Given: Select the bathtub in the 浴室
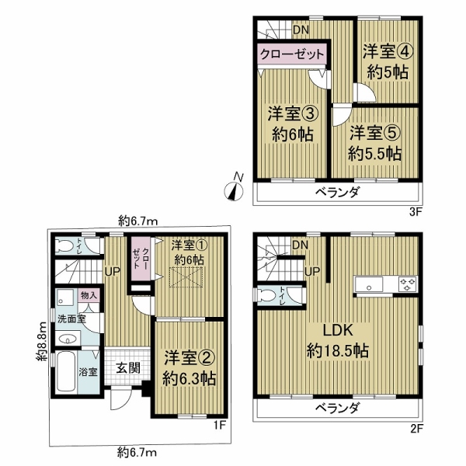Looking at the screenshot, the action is click(66, 371).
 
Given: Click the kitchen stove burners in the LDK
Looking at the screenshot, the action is click(408, 283).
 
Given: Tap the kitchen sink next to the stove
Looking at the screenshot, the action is click(369, 284).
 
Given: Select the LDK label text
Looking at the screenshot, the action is click(338, 330).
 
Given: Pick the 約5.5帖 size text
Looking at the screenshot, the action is click(375, 154).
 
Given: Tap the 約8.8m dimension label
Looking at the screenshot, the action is click(42, 342).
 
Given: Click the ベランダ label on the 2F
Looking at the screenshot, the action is click(338, 408).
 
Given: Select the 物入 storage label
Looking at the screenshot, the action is click(89, 296).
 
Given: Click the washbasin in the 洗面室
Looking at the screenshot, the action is click(68, 339).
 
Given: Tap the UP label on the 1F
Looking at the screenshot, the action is click(112, 271).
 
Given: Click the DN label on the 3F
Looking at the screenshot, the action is click(301, 30).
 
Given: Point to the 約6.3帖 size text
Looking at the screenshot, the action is click(190, 379).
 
